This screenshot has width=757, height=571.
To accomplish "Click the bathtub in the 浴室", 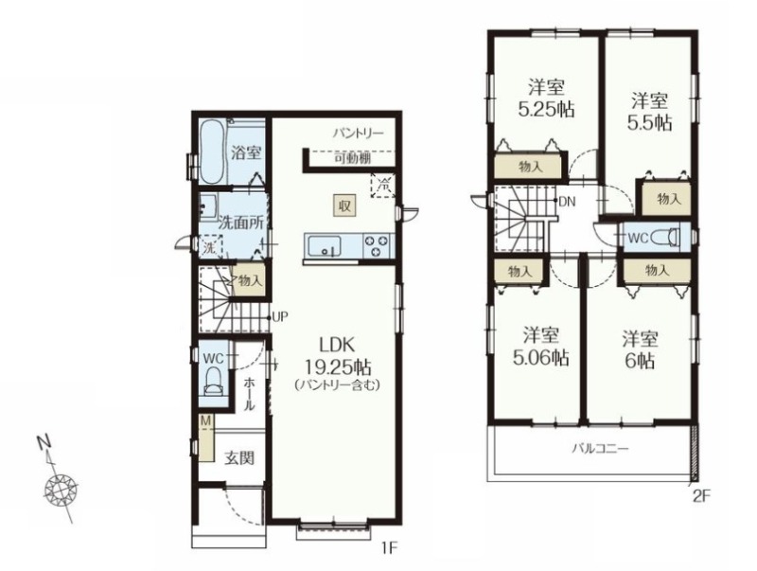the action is pyautogui.click(x=211, y=152).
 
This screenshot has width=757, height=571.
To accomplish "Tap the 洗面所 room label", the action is pyautogui.click(x=241, y=223).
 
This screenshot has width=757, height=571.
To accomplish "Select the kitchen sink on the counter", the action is pyautogui.click(x=324, y=246).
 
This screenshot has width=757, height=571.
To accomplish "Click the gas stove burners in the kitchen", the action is pyautogui.click(x=377, y=246).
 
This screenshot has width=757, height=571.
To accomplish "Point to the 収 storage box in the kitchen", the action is pyautogui.click(x=344, y=205).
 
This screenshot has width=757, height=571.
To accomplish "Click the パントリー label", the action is pyautogui.click(x=358, y=133).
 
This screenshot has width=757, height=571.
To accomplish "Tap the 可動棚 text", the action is pyautogui.click(x=353, y=158).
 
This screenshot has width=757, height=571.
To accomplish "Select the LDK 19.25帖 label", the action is pyautogui.click(x=338, y=356).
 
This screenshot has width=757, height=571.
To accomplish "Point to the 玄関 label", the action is pyautogui.click(x=239, y=457).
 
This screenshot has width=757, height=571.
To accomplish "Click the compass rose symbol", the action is pyautogui.click(x=61, y=490).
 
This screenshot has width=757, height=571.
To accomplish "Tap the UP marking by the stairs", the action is pyautogui.click(x=280, y=317).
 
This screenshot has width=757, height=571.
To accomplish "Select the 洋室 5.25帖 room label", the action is pyautogui.click(x=547, y=98).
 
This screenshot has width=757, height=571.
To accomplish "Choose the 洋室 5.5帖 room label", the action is pyautogui.click(x=650, y=112).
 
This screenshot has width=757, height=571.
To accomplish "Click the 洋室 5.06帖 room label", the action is pyautogui.click(x=540, y=347).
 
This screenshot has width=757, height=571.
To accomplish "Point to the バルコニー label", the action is pyautogui.click(x=601, y=449).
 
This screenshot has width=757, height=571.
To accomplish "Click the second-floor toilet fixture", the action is pyautogui.click(x=666, y=238).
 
